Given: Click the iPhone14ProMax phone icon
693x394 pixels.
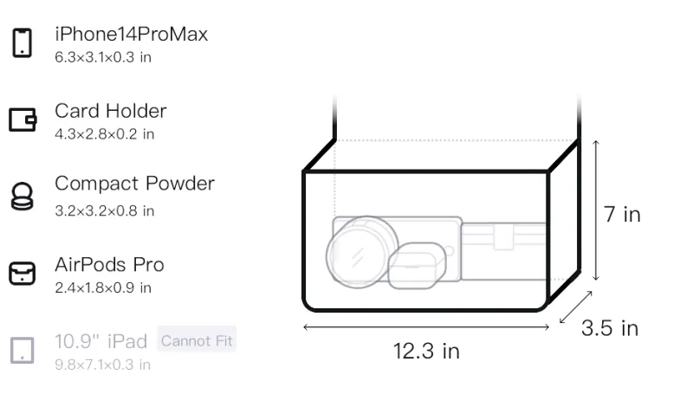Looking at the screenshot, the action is [x=23, y=42].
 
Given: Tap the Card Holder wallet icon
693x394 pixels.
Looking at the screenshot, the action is [x=23, y=119].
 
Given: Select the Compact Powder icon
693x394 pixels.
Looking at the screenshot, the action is [x=22, y=196].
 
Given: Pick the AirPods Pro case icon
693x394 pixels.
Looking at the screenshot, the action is [x=23, y=274].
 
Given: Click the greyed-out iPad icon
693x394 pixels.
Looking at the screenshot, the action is [x=23, y=351].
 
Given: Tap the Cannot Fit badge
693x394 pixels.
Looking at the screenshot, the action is [x=197, y=340].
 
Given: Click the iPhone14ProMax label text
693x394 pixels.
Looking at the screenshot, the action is [x=132, y=34].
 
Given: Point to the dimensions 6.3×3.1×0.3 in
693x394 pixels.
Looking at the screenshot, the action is [x=103, y=57].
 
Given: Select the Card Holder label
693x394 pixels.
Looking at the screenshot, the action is [x=111, y=111].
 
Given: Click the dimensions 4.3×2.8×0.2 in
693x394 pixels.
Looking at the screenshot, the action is [x=104, y=134].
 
